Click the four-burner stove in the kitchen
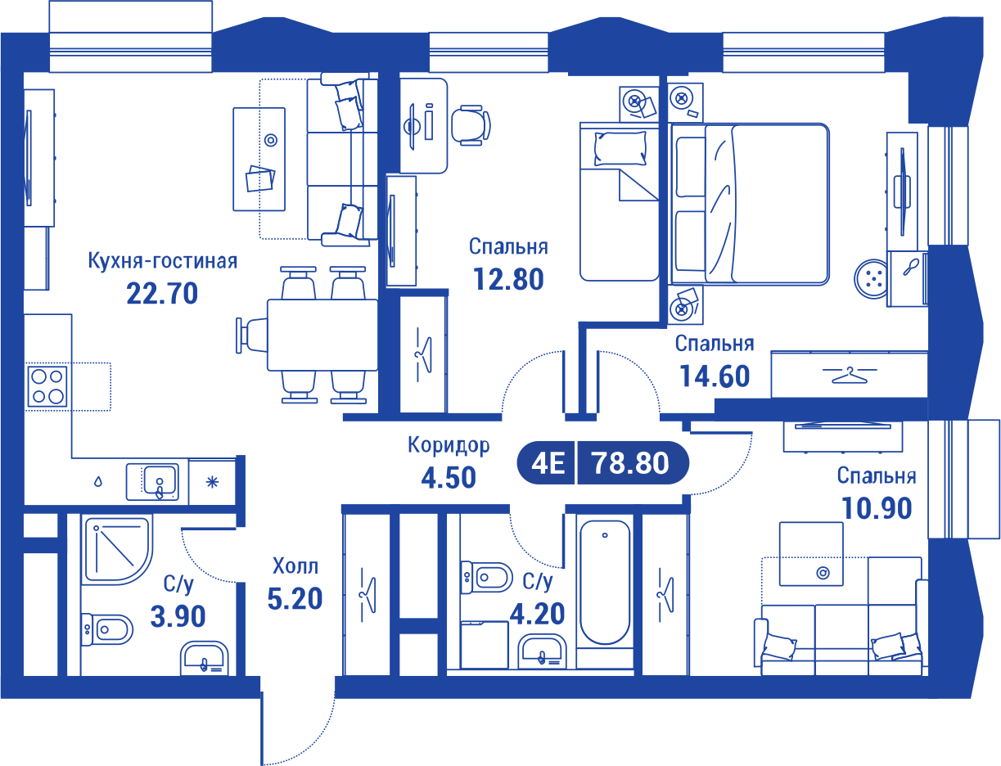[x=47, y=386]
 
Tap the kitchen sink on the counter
[x=152, y=482]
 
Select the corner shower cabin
[x=117, y=550]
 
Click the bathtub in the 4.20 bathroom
[x=605, y=582]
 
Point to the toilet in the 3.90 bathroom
[x=106, y=629]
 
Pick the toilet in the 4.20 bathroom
[x=486, y=577]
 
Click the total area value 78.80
[x=630, y=463]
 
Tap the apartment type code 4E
[x=548, y=463]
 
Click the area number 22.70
[x=162, y=293]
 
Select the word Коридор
[x=449, y=445]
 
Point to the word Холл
[x=295, y=565]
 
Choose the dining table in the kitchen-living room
[x=322, y=335]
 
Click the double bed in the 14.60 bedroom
[x=748, y=204]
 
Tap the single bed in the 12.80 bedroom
[x=619, y=201]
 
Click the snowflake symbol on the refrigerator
[x=212, y=482]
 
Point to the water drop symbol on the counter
[x=98, y=481]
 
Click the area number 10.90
[x=877, y=508]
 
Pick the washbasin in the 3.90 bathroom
[x=205, y=659]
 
